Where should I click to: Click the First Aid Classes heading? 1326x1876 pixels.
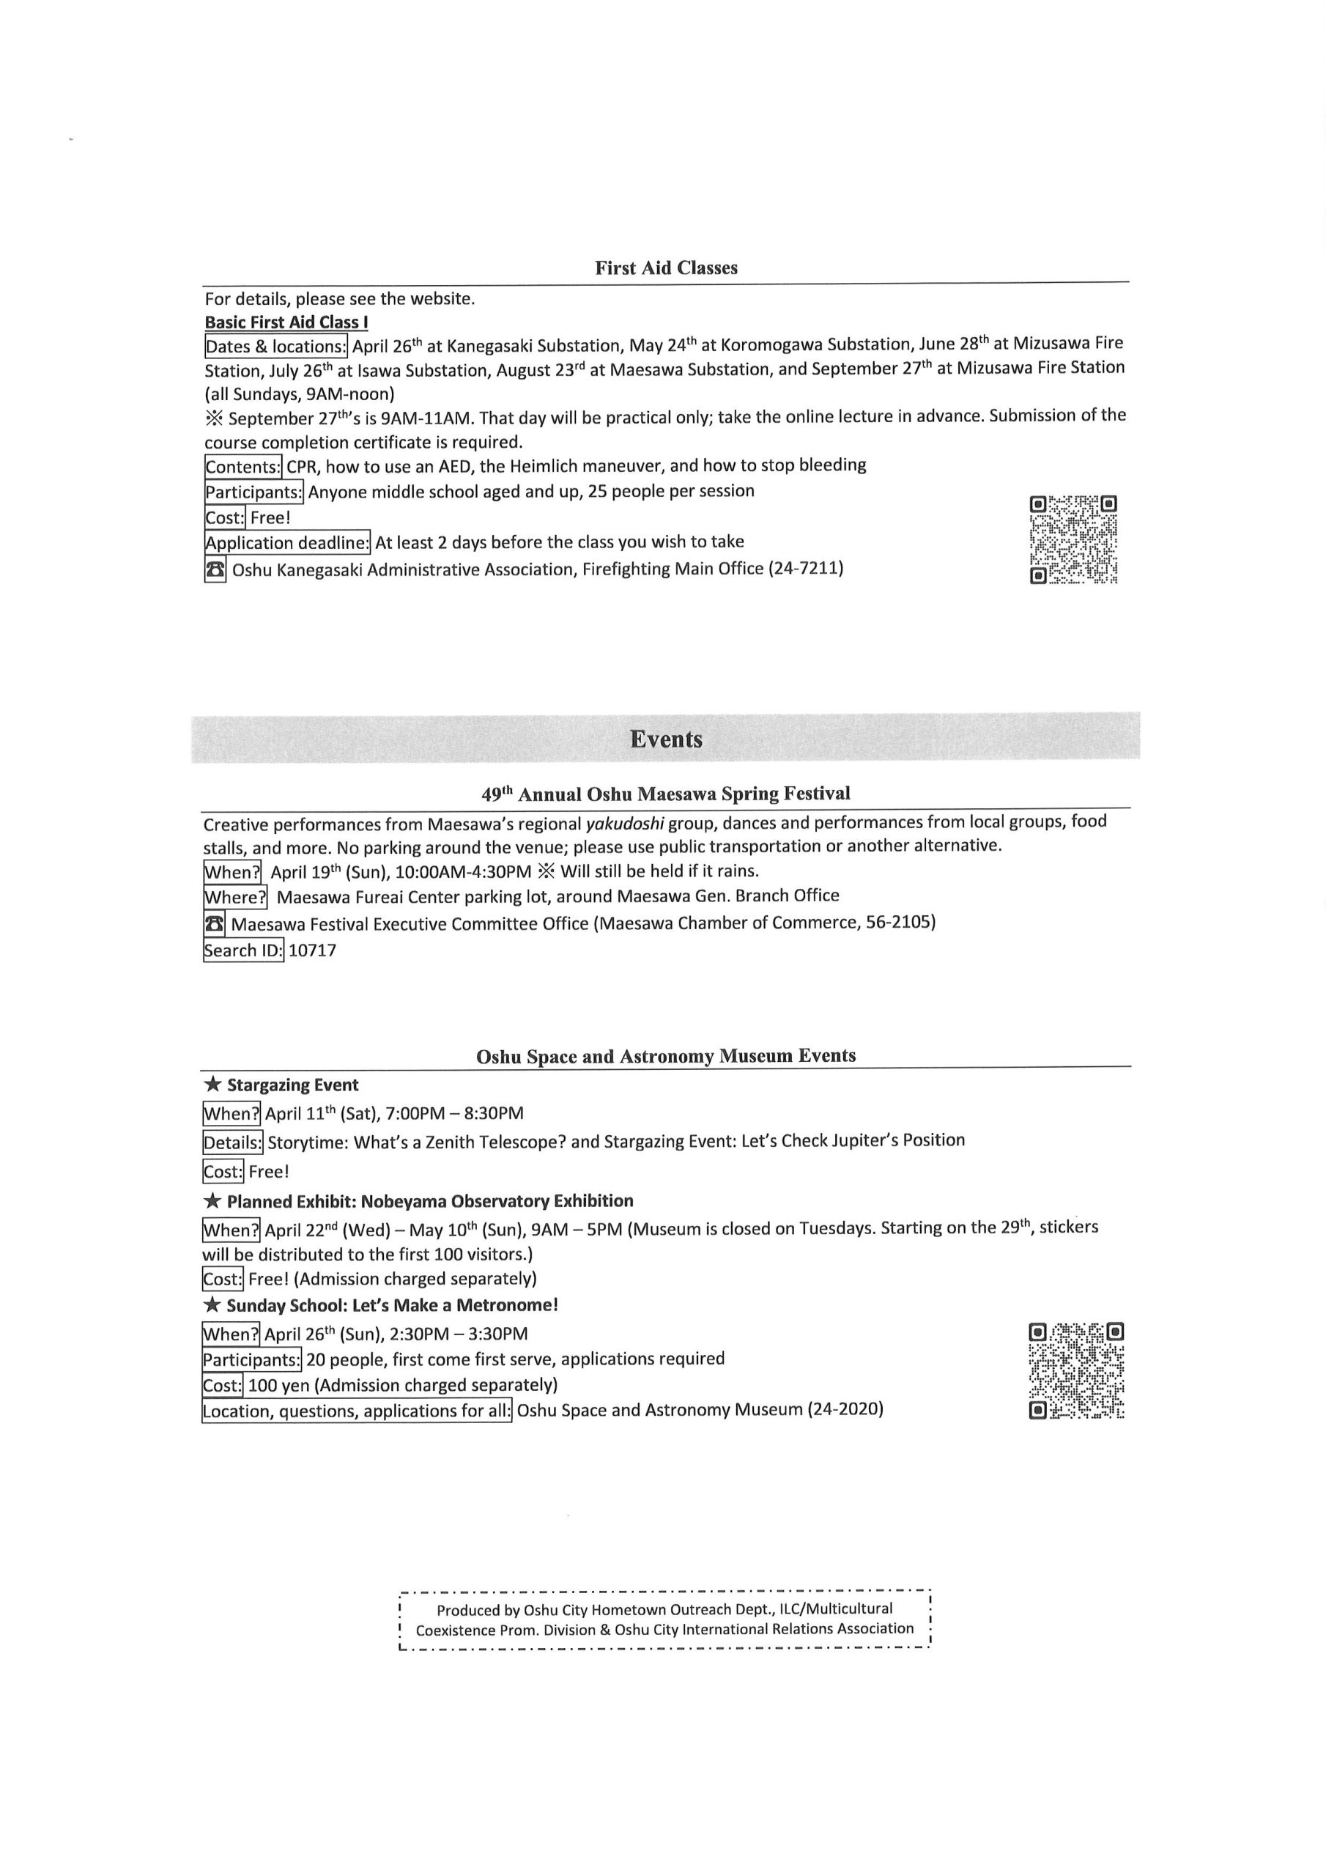tap(666, 268)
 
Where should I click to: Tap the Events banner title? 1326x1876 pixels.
tap(666, 739)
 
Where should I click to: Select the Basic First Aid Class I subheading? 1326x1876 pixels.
tap(286, 322)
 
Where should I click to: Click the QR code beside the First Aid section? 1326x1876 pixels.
tap(1073, 539)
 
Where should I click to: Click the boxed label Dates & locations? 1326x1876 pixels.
tap(276, 347)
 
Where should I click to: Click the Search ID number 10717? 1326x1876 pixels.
tap(312, 950)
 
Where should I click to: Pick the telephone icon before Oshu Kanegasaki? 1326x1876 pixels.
tap(215, 569)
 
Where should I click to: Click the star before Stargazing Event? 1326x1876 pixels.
tap(212, 1085)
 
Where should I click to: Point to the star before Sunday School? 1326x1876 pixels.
tap(212, 1305)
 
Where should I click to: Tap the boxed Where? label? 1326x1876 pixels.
tap(235, 897)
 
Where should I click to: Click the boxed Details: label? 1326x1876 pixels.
tap(233, 1142)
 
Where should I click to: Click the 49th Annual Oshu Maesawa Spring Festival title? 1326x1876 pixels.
tap(666, 794)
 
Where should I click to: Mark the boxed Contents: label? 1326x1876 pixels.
tap(242, 467)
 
